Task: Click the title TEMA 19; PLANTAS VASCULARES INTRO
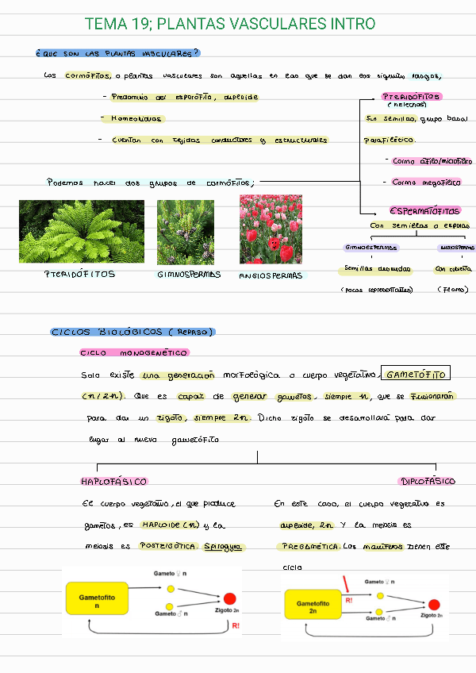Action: (x=229, y=24)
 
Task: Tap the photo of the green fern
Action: (x=82, y=232)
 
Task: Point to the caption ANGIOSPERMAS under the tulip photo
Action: (x=271, y=275)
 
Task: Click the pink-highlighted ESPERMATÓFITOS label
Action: (x=424, y=211)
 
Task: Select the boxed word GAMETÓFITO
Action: (x=416, y=375)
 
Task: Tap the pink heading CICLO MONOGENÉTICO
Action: (x=134, y=352)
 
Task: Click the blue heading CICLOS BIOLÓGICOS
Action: (x=132, y=332)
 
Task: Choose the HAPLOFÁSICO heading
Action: (x=114, y=481)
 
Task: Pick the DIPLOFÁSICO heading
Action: (x=428, y=481)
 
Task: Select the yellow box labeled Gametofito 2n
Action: (x=313, y=607)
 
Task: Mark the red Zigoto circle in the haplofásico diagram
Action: (x=230, y=598)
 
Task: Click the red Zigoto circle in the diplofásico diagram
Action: (x=434, y=604)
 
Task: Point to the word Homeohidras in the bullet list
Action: (x=132, y=118)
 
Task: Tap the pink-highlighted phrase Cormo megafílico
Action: (x=426, y=182)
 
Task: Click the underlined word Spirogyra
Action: (x=225, y=547)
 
